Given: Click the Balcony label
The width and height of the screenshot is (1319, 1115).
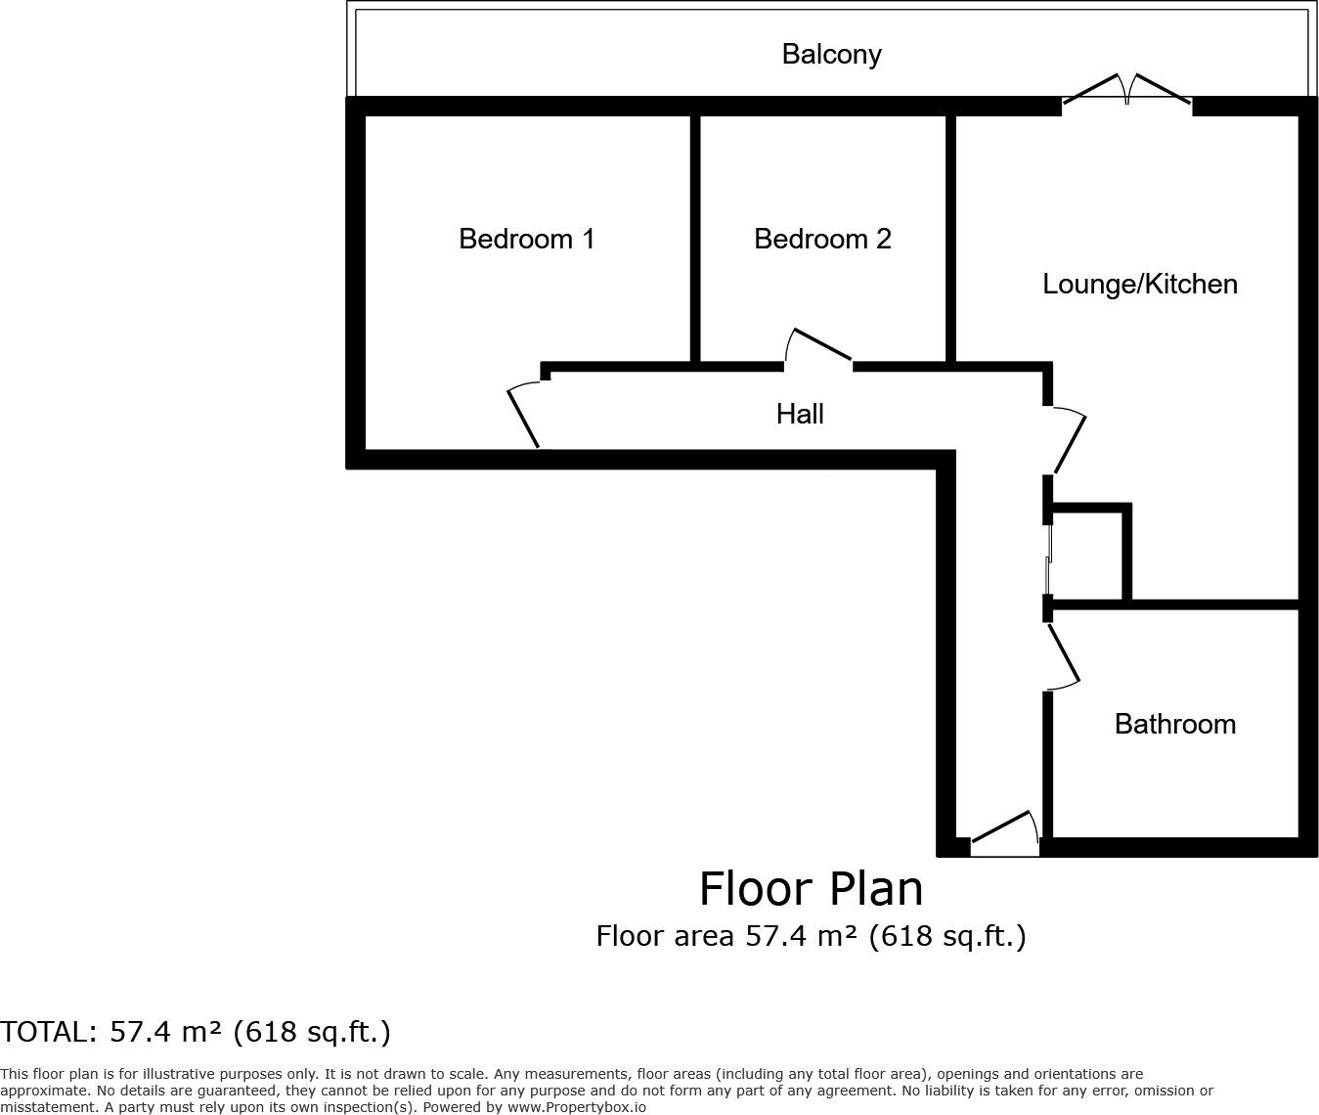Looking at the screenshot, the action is [831, 54].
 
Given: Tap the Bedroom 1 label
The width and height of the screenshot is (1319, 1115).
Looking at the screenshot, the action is [526, 239].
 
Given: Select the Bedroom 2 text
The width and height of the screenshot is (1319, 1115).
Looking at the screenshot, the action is [822, 239].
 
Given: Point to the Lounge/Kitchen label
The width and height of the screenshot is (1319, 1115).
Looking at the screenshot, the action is [1140, 284].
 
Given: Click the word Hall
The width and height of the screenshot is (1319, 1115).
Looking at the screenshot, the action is [800, 414].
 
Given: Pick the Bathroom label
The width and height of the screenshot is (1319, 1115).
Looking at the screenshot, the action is [1175, 724].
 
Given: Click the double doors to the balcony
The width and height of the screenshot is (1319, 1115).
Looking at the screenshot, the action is [1127, 91].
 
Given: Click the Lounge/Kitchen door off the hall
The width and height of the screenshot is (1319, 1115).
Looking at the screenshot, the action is [1067, 440].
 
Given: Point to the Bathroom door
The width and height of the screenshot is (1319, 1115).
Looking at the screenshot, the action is [1063, 654].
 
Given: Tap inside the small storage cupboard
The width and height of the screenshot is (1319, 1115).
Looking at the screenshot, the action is [1086, 555].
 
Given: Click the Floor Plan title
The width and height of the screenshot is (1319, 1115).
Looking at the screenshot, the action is [811, 889].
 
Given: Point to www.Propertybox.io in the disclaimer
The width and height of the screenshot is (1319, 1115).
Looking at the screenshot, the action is [576, 1107].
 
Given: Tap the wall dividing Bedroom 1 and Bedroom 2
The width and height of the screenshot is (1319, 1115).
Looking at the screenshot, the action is [695, 239].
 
